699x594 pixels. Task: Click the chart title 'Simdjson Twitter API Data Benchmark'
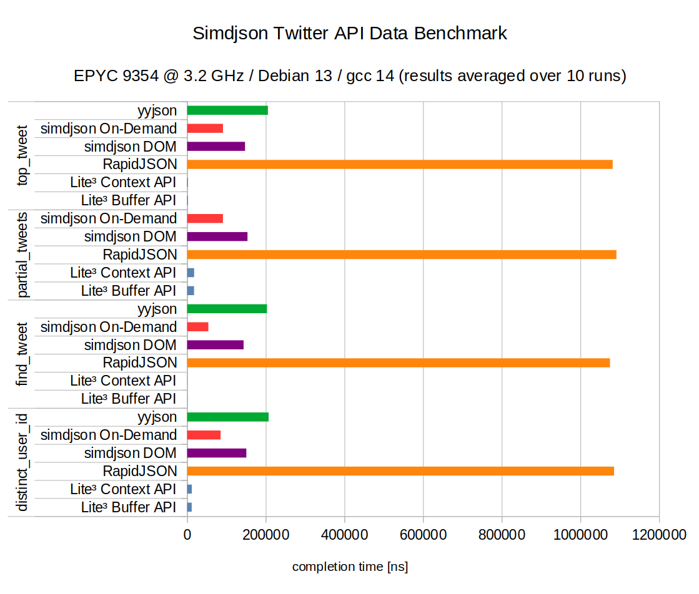(x=349, y=33)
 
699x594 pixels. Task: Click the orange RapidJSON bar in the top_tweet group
(x=400, y=165)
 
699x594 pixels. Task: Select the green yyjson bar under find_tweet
(x=227, y=309)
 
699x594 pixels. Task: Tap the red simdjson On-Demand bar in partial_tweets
(x=205, y=218)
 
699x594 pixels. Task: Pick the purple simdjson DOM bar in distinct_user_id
(x=216, y=453)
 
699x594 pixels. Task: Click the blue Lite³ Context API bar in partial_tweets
(x=191, y=273)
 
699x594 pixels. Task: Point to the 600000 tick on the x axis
(x=424, y=535)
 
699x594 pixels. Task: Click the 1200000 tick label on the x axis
(x=659, y=535)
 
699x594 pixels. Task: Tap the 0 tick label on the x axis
(x=187, y=535)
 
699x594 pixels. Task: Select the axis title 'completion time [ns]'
(x=350, y=567)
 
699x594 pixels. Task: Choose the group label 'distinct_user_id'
(x=22, y=462)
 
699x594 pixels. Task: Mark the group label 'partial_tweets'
(x=22, y=255)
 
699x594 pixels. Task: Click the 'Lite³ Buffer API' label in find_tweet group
(x=129, y=399)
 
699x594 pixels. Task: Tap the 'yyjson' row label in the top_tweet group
(x=157, y=111)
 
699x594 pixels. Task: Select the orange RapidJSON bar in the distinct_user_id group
(x=400, y=471)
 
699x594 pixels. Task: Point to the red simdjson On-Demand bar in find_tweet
(x=197, y=327)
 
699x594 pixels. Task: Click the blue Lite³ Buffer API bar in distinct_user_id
(x=189, y=507)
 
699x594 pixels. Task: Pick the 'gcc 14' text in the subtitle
(x=371, y=76)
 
